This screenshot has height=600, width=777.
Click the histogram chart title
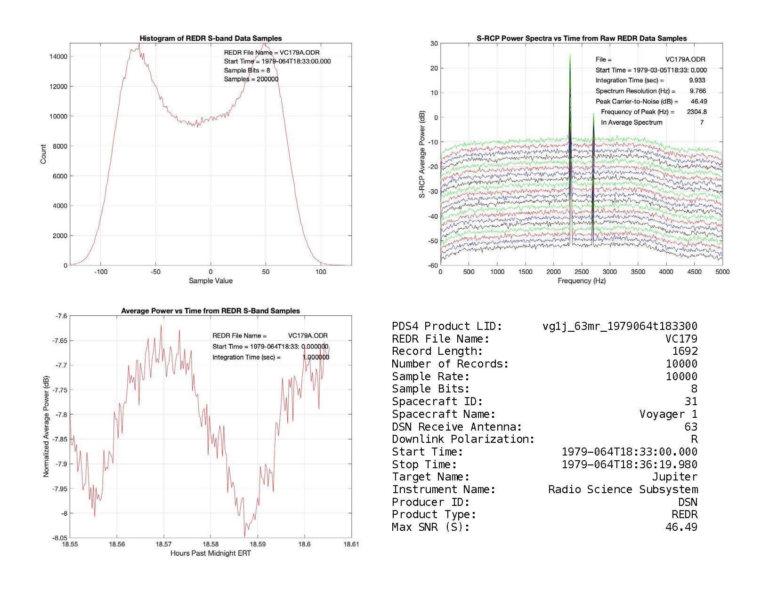point(210,39)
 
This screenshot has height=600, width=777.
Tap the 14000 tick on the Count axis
point(58,56)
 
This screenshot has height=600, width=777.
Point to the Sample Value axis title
point(210,281)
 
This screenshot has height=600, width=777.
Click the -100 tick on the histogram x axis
point(100,272)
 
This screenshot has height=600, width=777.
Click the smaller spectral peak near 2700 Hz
point(593,114)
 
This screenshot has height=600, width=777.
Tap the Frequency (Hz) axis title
point(582,281)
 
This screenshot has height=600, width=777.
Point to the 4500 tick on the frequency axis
point(694,272)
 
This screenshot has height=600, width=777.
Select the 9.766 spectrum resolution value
point(697,91)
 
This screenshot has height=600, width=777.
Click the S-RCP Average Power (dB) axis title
point(422,154)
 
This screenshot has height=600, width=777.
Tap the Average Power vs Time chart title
point(210,311)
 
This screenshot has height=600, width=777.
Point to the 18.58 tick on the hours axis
point(210,544)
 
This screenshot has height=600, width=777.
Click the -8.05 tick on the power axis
point(60,538)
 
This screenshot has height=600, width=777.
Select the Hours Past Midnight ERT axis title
point(210,553)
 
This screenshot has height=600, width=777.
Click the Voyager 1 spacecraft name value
point(668,415)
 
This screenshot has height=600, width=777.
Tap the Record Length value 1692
point(685,352)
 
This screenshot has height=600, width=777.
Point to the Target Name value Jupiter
point(674,477)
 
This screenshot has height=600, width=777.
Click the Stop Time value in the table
point(630,465)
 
